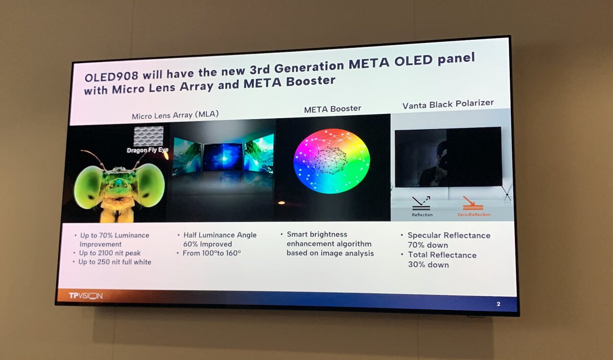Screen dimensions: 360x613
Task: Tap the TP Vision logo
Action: [86, 296]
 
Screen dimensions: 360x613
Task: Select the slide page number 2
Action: [498, 304]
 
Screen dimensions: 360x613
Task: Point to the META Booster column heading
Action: [332, 108]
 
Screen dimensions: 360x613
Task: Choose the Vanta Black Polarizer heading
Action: [447, 103]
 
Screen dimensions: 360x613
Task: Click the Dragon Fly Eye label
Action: [148, 150]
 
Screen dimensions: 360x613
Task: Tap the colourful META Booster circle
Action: [332, 160]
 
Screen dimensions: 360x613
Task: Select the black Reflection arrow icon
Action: [421, 203]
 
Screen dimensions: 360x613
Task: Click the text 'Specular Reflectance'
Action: [449, 235]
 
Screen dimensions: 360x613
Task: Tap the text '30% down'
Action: [428, 265]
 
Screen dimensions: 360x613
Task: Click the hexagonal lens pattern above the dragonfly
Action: [148, 136]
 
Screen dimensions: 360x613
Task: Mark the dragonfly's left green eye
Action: [88, 187]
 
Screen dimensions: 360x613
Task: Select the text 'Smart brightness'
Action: [317, 234]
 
